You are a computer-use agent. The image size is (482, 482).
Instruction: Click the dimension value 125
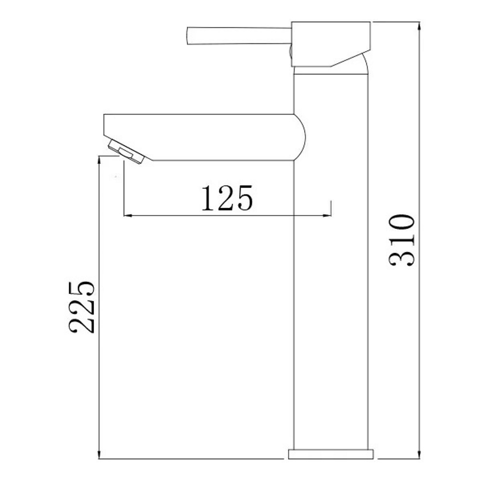[227, 198]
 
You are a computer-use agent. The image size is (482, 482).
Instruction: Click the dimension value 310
[402, 241]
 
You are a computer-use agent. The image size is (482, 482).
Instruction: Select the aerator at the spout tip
[127, 151]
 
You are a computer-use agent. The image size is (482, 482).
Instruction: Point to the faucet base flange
[331, 454]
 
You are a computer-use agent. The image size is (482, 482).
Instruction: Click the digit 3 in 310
[402, 259]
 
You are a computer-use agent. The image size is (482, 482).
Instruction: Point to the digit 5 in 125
[243, 198]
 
